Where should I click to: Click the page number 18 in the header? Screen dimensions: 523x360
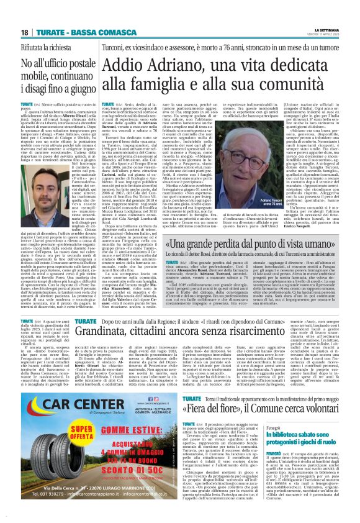click(24, 32)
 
